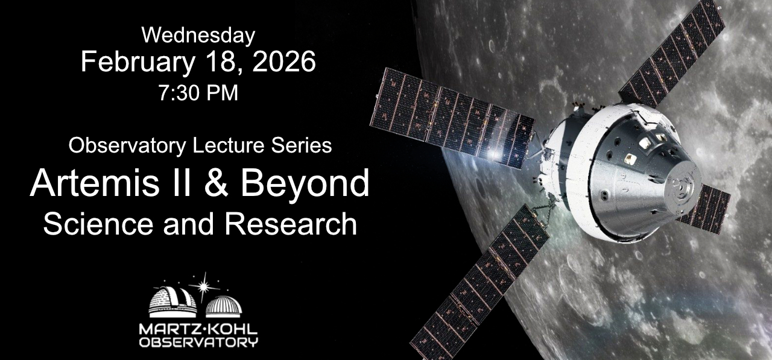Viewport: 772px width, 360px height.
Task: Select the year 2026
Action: [284, 62]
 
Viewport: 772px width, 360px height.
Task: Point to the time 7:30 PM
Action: [198, 93]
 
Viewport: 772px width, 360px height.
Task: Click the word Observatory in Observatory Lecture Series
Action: [127, 146]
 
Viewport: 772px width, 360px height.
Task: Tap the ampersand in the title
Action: [216, 183]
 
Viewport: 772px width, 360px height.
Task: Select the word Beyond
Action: [305, 183]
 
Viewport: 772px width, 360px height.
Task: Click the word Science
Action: [98, 224]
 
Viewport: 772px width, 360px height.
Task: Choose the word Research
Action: [291, 224]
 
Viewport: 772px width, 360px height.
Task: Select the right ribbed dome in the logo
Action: [224, 306]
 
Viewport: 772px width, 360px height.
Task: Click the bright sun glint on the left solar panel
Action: [493, 154]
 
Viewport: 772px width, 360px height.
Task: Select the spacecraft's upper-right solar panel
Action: [672, 52]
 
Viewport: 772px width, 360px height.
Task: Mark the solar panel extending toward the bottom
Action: [479, 282]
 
